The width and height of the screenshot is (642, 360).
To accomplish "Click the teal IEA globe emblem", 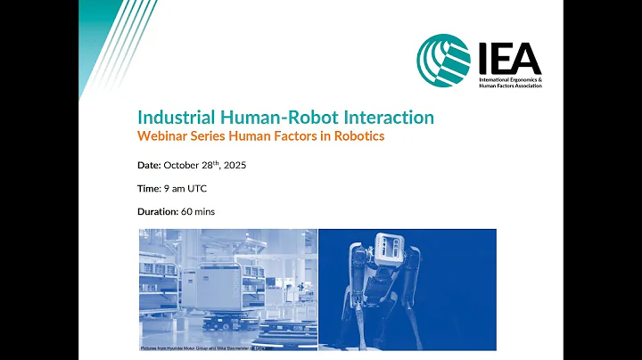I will click(443, 61).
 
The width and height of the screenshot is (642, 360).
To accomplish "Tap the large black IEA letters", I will click(508, 58).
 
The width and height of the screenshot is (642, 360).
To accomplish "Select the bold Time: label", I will click(149, 188).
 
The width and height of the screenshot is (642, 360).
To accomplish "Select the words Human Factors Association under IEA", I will click(510, 90).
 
